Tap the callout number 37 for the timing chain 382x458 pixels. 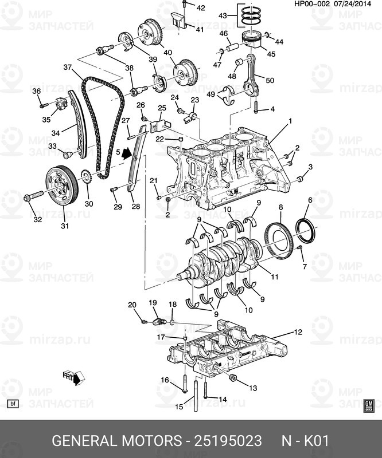[68, 68]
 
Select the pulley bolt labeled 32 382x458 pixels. [33, 197]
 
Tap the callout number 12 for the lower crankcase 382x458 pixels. [298, 332]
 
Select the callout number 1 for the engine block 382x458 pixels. [290, 121]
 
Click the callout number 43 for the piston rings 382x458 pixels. [223, 17]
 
